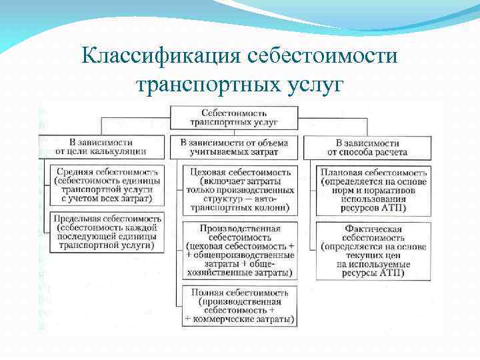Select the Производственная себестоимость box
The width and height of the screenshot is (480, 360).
(x=239, y=251)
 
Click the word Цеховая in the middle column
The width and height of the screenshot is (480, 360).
(x=209, y=171)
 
